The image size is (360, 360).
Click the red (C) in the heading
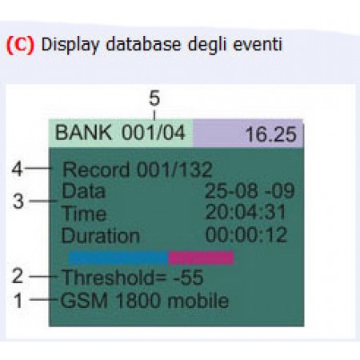pos(20,45)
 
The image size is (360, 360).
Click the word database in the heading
pos(143,44)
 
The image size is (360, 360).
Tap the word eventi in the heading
pos(258,45)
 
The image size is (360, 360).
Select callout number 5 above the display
pos(154,98)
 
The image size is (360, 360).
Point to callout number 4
pos(17,169)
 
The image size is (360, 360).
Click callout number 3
pos(18,201)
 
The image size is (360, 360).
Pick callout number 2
pos(18,276)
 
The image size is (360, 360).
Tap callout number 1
pos(18,301)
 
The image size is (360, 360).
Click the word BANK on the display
pos(83,133)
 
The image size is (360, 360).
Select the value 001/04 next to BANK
pos(154,133)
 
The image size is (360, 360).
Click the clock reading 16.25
pos(270,134)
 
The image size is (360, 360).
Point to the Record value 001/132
pos(174,170)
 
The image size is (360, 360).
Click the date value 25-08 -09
pos(250,191)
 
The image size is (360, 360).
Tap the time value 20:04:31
pos(246,213)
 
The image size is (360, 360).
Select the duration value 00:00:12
pos(246,235)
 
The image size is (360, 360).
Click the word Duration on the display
pos(101,236)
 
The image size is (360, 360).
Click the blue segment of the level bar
pos(118,258)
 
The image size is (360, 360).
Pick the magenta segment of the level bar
pos(201,258)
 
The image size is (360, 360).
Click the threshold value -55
pos(189,278)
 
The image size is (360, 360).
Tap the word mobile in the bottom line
pos(198,301)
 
